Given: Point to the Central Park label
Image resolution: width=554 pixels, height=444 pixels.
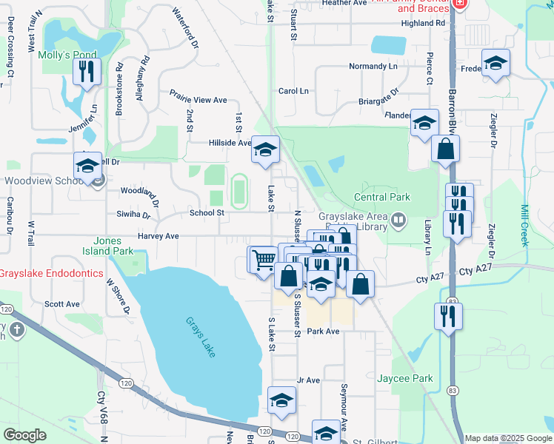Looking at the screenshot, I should tap(381, 198).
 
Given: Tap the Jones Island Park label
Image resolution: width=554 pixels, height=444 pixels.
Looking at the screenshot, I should tap(113, 246).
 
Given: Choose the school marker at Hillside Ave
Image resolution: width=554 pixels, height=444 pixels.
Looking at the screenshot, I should tap(264, 150).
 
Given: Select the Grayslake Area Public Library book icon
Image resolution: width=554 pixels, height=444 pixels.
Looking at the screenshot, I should tap(398, 220).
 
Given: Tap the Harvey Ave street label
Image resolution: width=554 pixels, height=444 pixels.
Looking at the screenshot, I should tap(158, 237).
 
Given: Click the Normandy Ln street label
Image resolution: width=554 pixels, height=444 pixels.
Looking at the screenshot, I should tap(374, 66).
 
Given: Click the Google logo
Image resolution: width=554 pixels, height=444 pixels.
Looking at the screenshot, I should tap(25, 435).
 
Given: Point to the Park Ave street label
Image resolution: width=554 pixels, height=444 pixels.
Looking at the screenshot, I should tap(323, 332).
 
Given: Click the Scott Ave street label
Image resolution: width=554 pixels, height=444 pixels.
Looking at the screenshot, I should tap(62, 304).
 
